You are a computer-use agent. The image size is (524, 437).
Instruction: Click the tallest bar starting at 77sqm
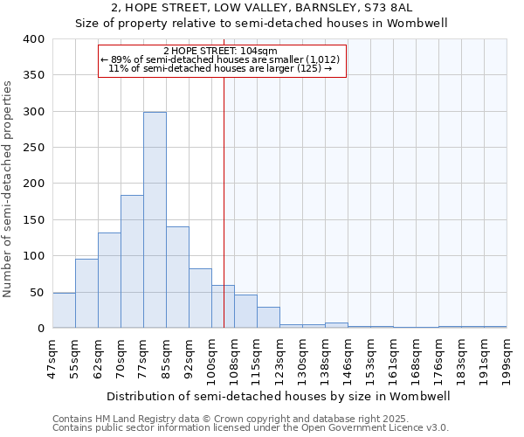click(155, 220)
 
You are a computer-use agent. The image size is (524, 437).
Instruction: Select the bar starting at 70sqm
click(132, 261)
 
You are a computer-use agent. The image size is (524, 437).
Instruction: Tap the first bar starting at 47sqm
click(64, 310)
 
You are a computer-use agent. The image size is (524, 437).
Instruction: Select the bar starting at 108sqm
click(245, 311)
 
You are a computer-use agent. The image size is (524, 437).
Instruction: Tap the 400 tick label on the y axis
click(34, 39)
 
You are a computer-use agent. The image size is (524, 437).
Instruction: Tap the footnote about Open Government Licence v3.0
click(251, 427)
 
